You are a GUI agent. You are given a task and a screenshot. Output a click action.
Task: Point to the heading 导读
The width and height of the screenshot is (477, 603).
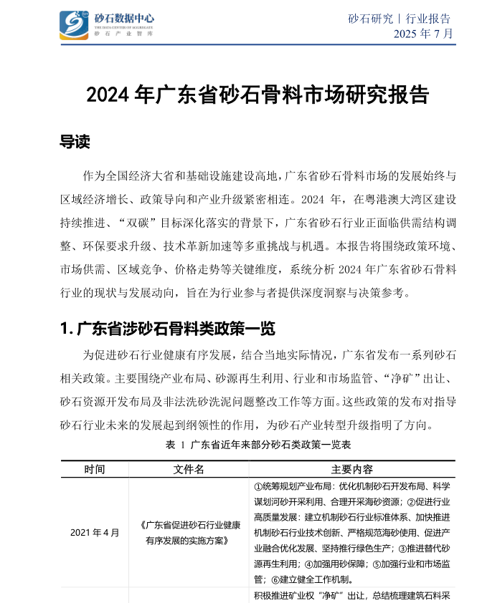[75, 143]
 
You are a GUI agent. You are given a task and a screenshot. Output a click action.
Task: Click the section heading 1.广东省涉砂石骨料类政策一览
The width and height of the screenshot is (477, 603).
[168, 329]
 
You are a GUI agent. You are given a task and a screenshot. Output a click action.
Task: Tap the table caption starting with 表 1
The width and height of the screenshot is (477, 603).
[258, 445]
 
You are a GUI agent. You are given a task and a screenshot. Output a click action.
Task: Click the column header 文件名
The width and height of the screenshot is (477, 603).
[189, 470]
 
